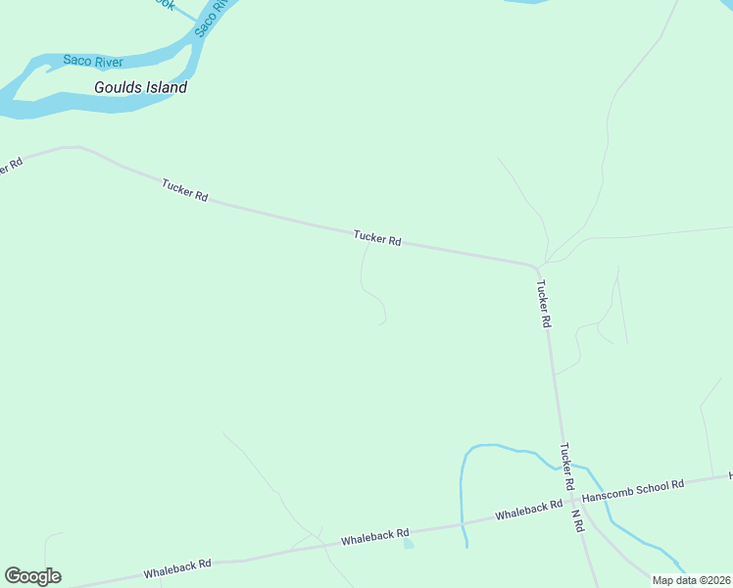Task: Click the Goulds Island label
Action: (140, 87)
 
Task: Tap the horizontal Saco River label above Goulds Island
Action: (92, 61)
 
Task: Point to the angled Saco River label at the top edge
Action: (211, 18)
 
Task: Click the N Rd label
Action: (577, 519)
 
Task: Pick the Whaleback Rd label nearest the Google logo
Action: (177, 568)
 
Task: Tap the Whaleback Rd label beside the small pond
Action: (374, 538)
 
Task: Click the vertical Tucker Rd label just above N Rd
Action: (566, 466)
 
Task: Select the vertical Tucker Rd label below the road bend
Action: (544, 305)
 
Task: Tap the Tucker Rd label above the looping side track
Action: (377, 238)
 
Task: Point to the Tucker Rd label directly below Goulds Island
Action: (185, 190)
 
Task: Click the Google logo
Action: (32, 576)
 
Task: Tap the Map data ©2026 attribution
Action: (691, 580)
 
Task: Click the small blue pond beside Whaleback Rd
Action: (408, 543)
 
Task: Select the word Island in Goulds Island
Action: (164, 87)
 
